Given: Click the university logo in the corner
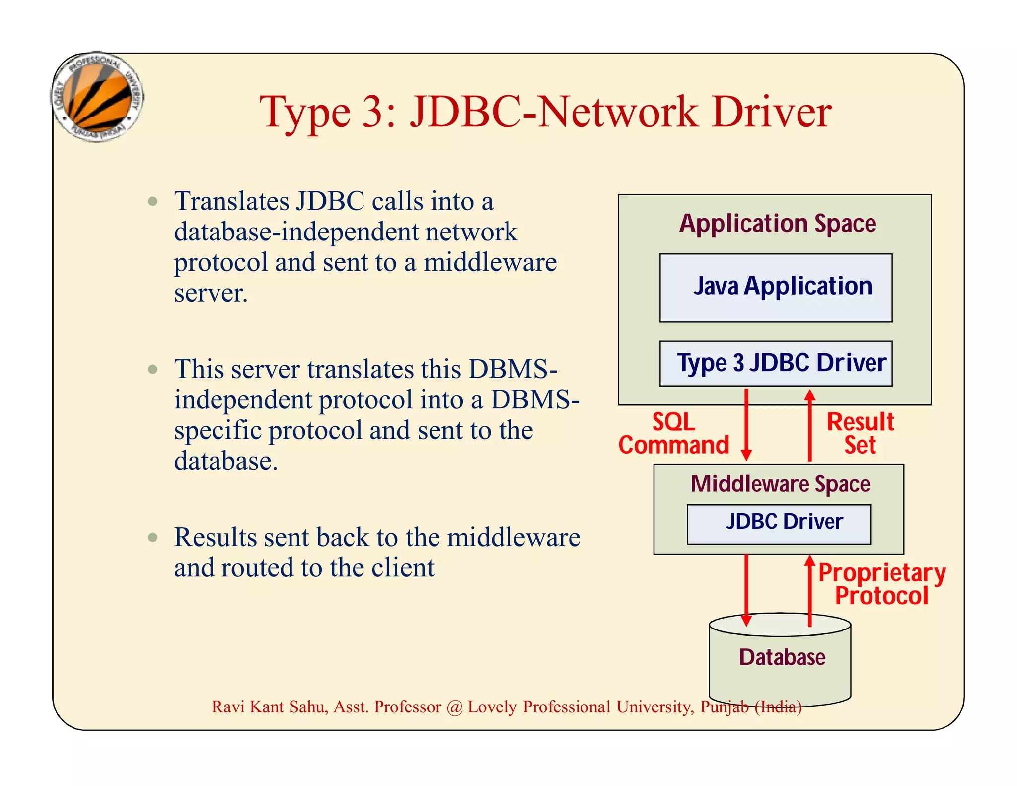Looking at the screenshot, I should [x=97, y=97].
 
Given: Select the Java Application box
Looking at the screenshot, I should [x=776, y=288].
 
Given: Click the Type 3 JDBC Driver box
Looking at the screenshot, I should [x=776, y=363].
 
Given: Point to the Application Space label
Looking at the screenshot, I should [x=777, y=223].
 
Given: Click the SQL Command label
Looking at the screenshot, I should [x=674, y=433].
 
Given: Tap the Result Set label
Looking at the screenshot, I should [x=860, y=433].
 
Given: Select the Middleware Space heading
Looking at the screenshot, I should [x=780, y=484].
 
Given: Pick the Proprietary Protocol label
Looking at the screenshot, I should [x=882, y=584].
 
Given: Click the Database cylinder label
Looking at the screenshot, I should [x=782, y=657].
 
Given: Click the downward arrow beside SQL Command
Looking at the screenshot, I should [x=746, y=425].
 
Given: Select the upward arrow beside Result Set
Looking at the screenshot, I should [x=810, y=425].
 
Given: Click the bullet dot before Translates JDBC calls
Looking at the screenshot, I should [x=153, y=201].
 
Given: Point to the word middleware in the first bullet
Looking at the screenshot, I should [x=490, y=262].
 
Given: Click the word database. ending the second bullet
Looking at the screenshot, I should [x=225, y=461].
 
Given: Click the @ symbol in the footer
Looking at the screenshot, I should [x=454, y=707].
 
